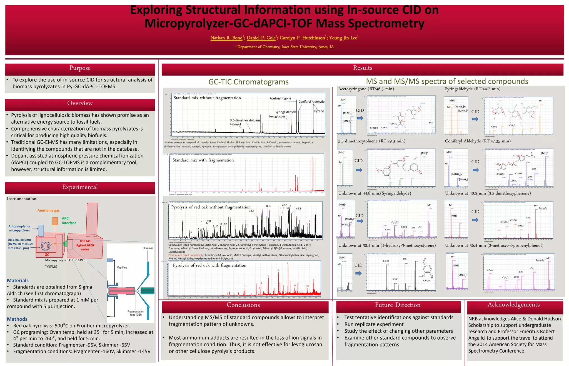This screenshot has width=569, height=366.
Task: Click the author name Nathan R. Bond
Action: pyautogui.click(x=226, y=38)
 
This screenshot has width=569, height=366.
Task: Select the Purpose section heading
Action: pyautogui.click(x=80, y=68)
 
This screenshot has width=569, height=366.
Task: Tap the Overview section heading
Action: pyautogui.click(x=80, y=103)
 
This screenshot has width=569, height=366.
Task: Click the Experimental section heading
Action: pyautogui.click(x=80, y=187)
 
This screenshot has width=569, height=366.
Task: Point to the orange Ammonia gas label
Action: pyautogui.click(x=49, y=210)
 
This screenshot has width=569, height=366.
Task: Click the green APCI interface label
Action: pyautogui.click(x=69, y=221)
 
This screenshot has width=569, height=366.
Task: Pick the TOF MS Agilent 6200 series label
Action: pyautogui.click(x=85, y=245)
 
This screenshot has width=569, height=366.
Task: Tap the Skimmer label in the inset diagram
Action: pyautogui.click(x=148, y=248)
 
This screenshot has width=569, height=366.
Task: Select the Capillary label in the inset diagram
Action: pyautogui.click(x=122, y=267)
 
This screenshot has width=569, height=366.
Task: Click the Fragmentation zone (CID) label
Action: pyautogui.click(x=136, y=313)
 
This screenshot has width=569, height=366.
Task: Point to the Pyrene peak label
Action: pyautogui.click(x=319, y=111)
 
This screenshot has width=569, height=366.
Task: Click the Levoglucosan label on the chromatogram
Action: pyautogui.click(x=278, y=116)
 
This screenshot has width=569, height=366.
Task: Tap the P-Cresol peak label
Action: pyautogui.click(x=235, y=124)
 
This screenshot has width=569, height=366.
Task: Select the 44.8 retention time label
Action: pyautogui.click(x=298, y=208)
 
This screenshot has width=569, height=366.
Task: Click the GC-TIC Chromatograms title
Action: pyautogui.click(x=248, y=82)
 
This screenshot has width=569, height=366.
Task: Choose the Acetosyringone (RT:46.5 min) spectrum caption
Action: pyautogui.click(x=366, y=89)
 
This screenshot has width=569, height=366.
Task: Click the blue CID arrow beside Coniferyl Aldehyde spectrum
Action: pyautogui.click(x=476, y=170)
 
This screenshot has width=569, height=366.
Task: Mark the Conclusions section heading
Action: pyautogui.click(x=243, y=305)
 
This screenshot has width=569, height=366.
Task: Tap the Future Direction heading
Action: pyautogui.click(x=398, y=305)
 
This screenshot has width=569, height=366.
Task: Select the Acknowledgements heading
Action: pyautogui.click(x=513, y=305)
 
